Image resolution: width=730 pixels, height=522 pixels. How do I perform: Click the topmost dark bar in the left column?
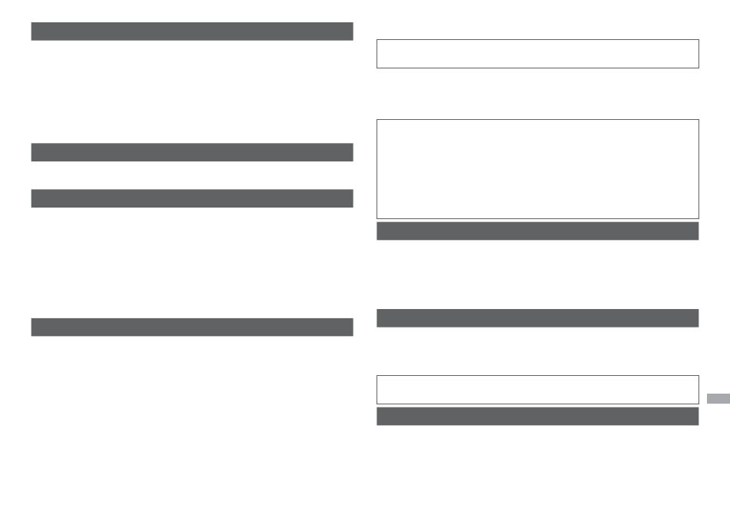coord(192,31)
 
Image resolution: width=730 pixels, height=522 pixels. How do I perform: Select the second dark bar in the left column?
coord(192,152)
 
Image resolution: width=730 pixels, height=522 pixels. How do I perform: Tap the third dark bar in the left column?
coord(192,198)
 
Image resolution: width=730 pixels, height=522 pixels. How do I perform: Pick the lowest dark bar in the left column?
coord(192,327)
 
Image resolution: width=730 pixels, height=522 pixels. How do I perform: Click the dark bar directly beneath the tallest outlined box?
coord(537,231)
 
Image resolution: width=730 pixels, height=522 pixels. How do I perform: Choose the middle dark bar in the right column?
coord(537,318)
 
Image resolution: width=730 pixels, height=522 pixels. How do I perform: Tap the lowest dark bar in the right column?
coord(537,416)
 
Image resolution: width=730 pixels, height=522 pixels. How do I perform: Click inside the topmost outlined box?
coord(537,54)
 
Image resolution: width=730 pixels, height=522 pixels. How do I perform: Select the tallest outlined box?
coord(537,169)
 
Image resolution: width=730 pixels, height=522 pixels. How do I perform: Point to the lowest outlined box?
coord(537,390)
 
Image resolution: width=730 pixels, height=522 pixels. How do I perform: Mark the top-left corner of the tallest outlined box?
coord(377,120)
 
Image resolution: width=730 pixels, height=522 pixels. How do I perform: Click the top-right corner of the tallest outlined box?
coord(698,120)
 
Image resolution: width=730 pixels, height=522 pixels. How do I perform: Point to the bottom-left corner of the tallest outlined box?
coord(377,218)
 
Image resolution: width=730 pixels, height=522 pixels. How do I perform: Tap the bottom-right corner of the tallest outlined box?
coord(698,218)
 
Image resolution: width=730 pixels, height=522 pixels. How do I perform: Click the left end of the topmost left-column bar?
coord(33,31)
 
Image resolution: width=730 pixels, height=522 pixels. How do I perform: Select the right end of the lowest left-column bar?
coord(351,327)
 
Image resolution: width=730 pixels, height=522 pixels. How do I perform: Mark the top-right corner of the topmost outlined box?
coord(698,40)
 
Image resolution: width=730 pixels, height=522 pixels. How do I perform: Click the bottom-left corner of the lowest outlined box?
coord(377,404)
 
